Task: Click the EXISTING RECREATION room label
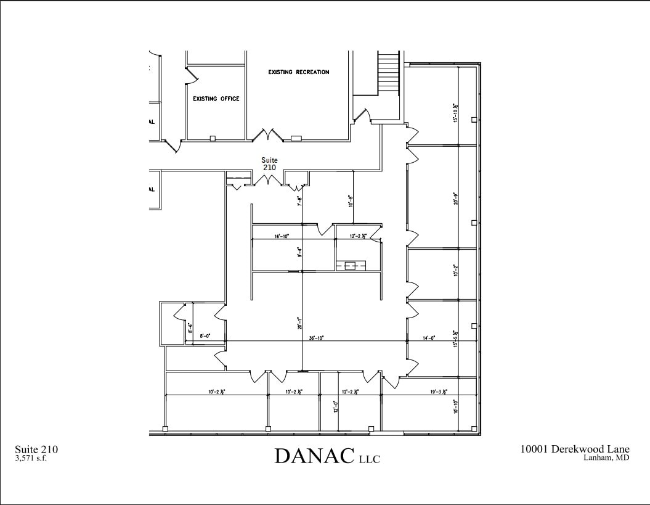298,72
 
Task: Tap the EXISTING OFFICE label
216,99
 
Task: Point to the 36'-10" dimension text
316,338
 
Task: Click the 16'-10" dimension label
282,236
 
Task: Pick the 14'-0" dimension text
428,338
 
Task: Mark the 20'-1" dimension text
299,322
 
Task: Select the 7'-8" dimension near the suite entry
299,200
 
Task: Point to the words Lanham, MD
606,458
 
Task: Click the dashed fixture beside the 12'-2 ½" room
351,265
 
